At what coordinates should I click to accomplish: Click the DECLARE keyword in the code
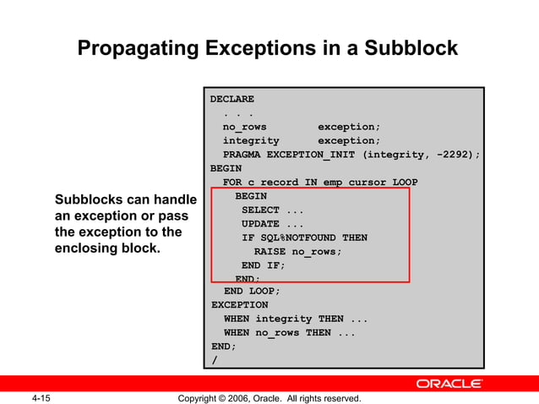tap(232, 99)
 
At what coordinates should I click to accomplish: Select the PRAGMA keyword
tap(242, 155)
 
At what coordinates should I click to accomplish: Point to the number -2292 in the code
tap(455, 155)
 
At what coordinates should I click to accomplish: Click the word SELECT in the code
tap(260, 210)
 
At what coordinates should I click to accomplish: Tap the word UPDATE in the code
tap(260, 224)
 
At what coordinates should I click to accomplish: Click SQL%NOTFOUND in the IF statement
tap(295, 238)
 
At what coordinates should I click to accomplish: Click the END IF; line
tap(264, 265)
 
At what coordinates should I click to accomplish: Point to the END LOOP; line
tap(252, 291)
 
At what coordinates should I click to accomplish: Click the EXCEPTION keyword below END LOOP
tap(239, 304)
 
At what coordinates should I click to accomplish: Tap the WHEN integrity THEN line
tap(295, 319)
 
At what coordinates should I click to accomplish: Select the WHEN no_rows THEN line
tap(289, 333)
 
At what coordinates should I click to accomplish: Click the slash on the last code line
tap(215, 360)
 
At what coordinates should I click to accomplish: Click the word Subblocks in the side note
tap(90, 200)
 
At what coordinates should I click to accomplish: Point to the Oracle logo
tap(449, 384)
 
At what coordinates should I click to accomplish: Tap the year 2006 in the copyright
tap(243, 398)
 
